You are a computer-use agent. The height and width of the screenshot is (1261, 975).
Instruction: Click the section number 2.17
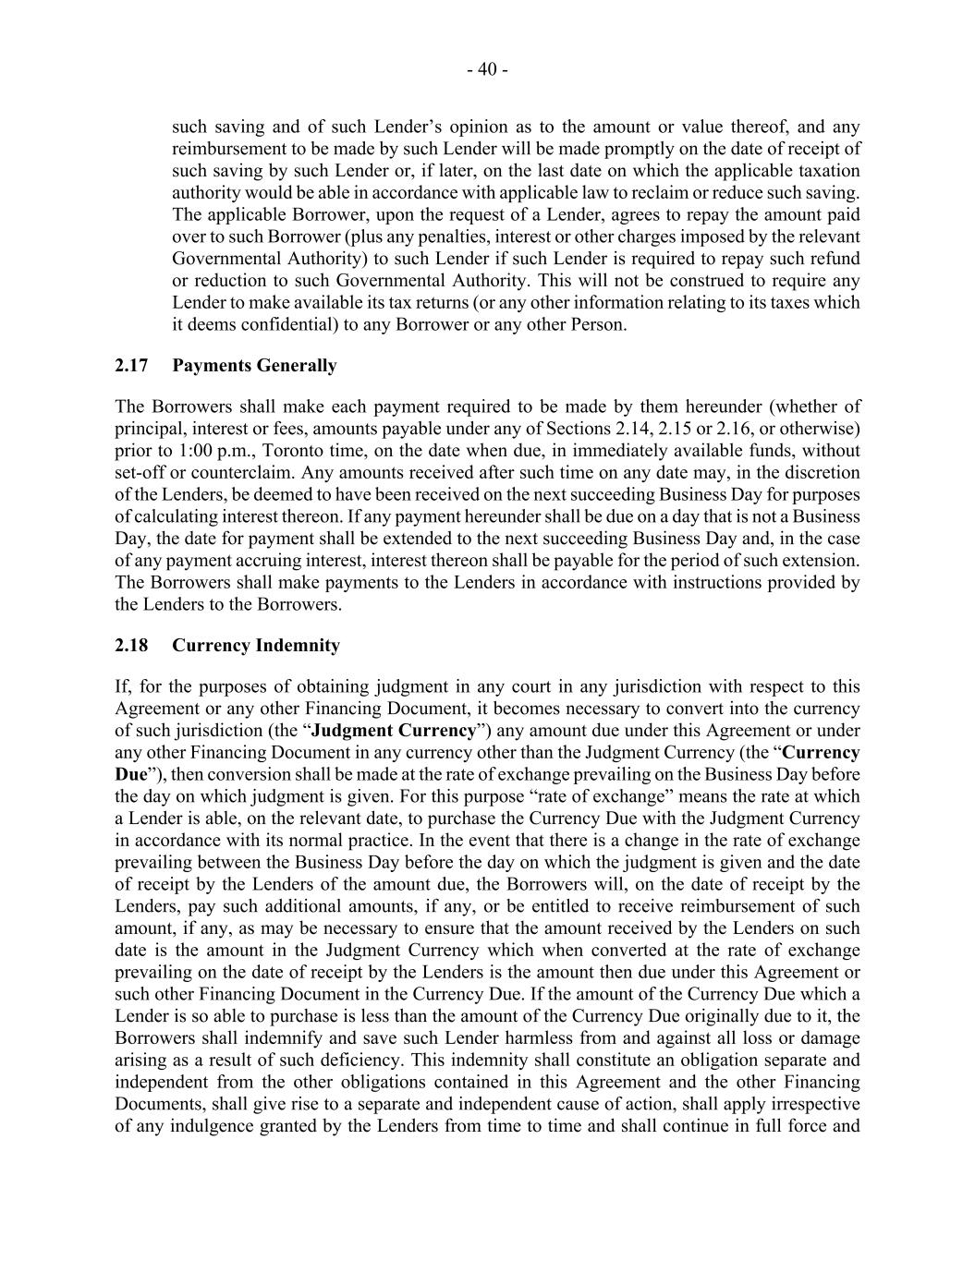click(131, 366)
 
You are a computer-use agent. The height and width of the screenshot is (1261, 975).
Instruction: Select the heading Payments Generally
click(254, 366)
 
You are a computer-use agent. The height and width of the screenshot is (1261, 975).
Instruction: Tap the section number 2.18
click(131, 646)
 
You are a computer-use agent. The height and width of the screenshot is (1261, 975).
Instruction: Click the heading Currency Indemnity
click(256, 646)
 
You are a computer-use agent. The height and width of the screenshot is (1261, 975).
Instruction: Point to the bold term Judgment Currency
click(394, 731)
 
